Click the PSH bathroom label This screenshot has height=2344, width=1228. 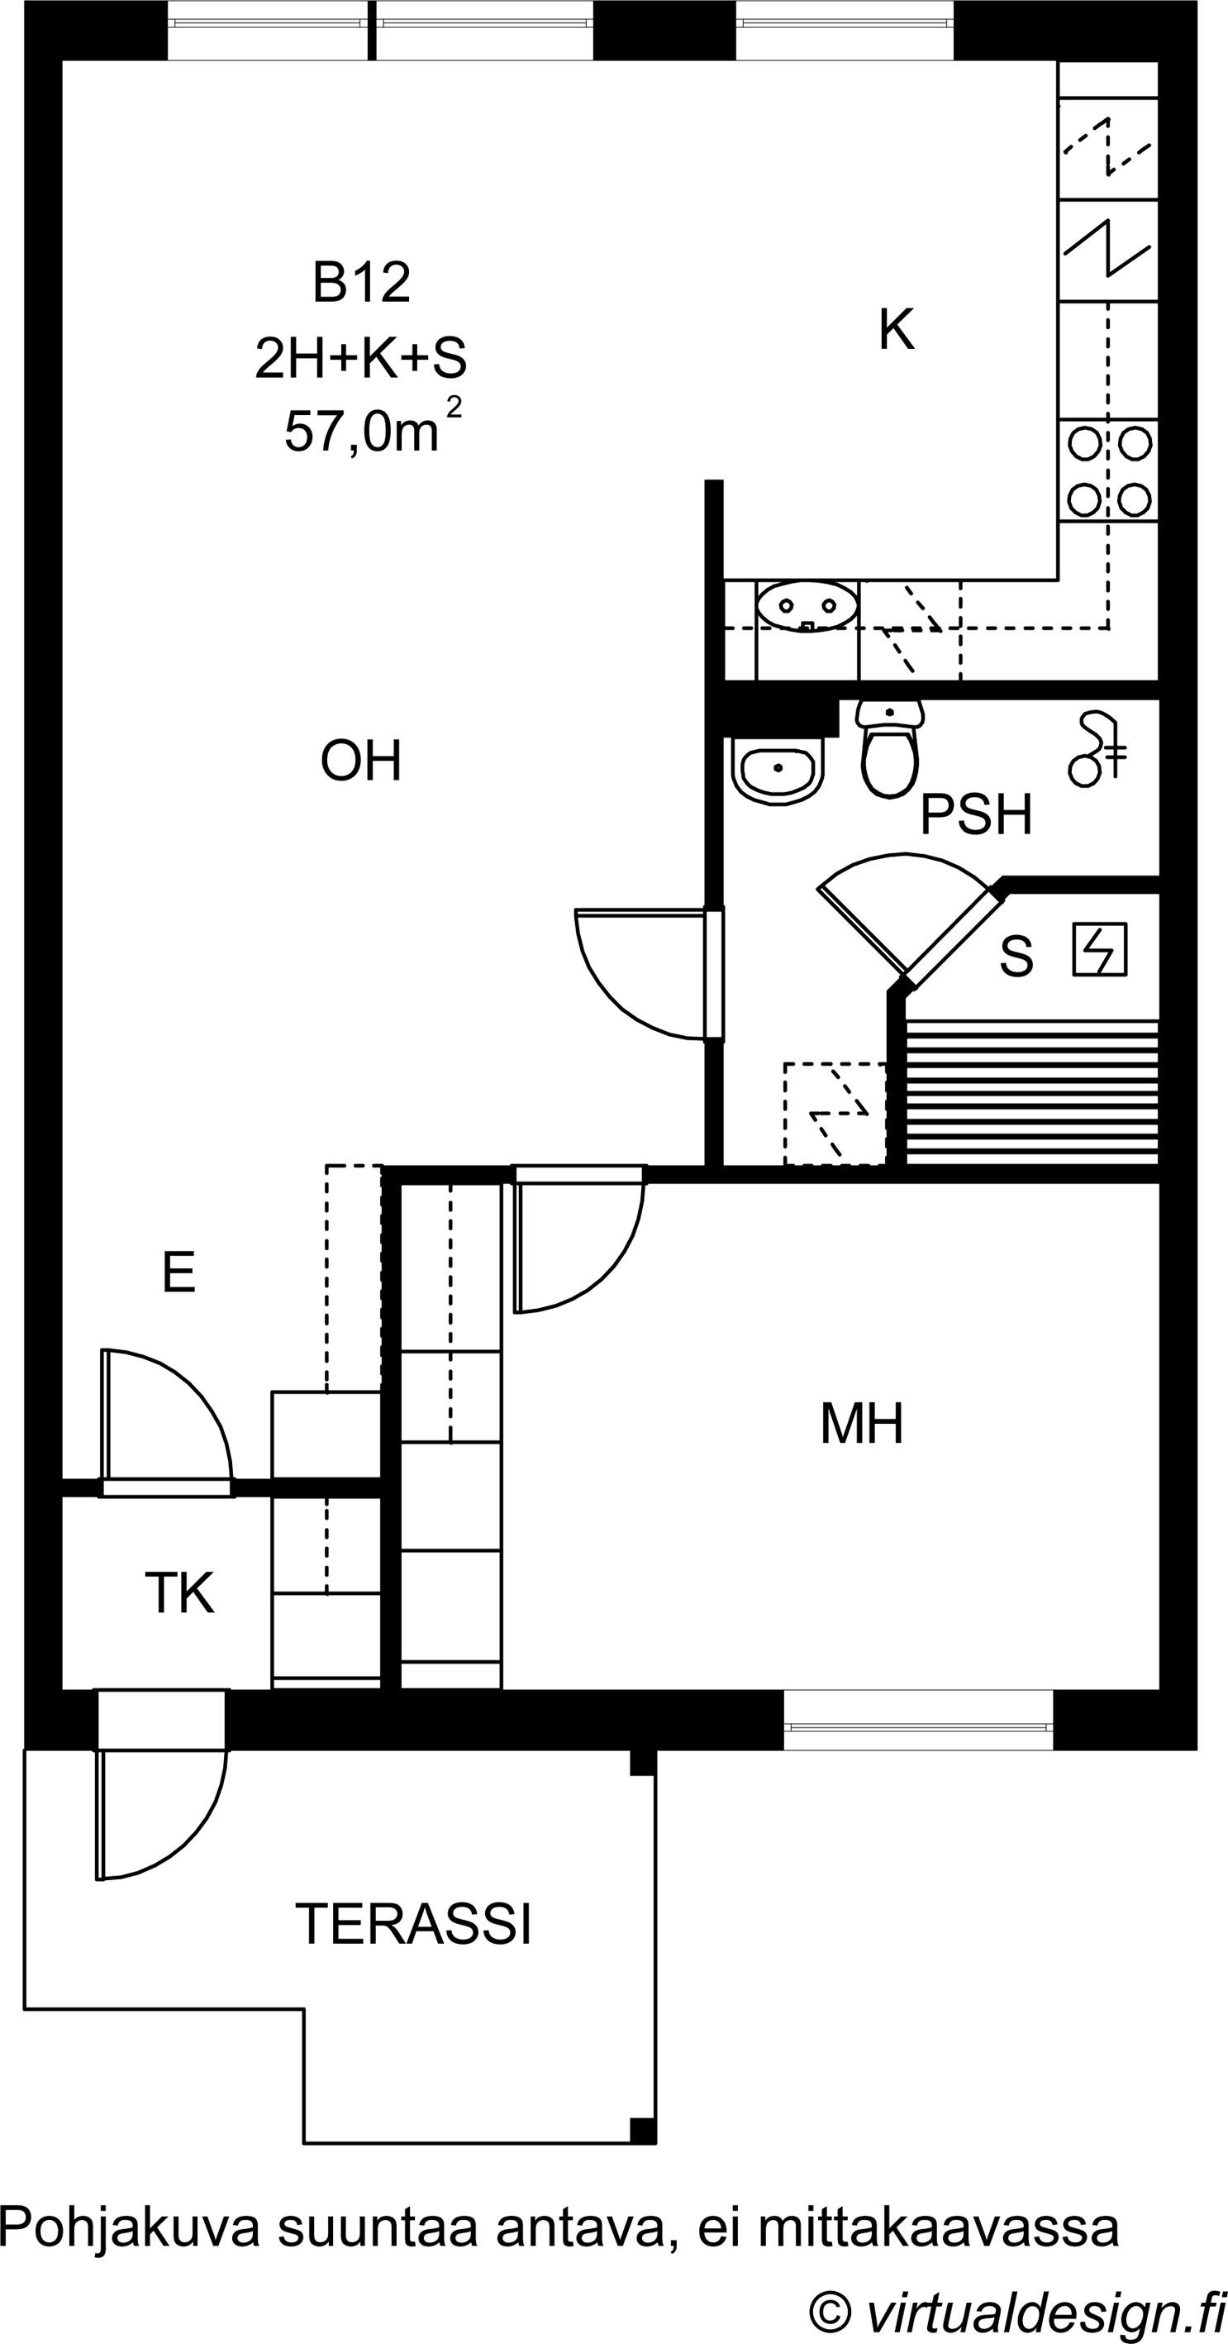point(976,814)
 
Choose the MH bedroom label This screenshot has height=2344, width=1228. point(861,1424)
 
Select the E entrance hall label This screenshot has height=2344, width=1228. point(178,1272)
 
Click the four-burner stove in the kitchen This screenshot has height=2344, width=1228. point(1109,470)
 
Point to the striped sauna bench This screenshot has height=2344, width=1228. point(1032,1092)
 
